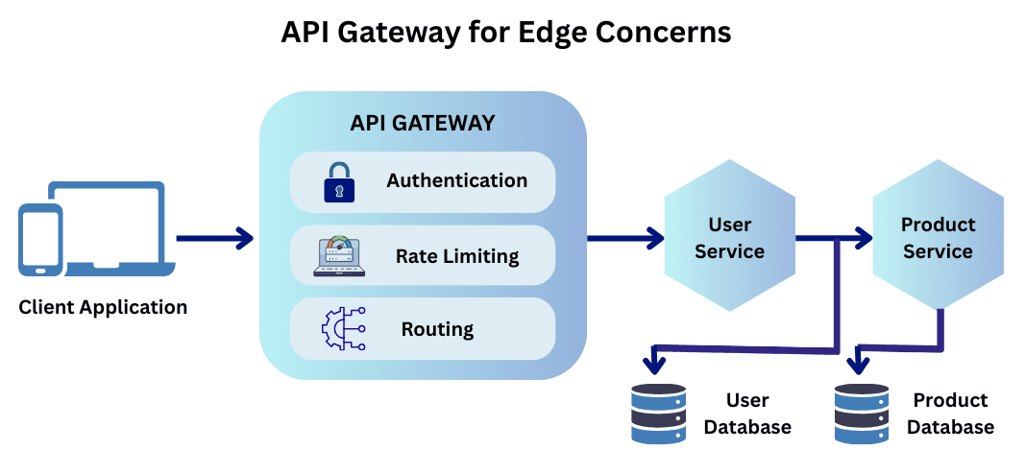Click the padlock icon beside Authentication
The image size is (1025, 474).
coord(338,182)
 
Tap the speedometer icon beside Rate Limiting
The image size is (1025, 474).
coord(339,256)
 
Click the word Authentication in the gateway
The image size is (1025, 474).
coord(456,180)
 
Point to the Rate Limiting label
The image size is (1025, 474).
coord(457,256)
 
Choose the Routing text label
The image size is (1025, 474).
coord(437,329)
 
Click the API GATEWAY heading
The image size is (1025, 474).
coord(423,123)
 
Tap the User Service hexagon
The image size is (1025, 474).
coord(729,237)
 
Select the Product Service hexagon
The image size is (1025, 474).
coord(938,237)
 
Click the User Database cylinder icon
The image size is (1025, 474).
coord(659,414)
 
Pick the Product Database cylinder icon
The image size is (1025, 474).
coord(862,414)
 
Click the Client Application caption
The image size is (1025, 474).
coord(103,308)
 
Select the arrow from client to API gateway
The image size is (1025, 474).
coord(214,237)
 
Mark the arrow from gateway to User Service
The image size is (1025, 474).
coord(625,237)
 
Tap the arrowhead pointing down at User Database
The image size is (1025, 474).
coord(654,365)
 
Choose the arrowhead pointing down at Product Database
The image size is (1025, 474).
coord(858,365)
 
